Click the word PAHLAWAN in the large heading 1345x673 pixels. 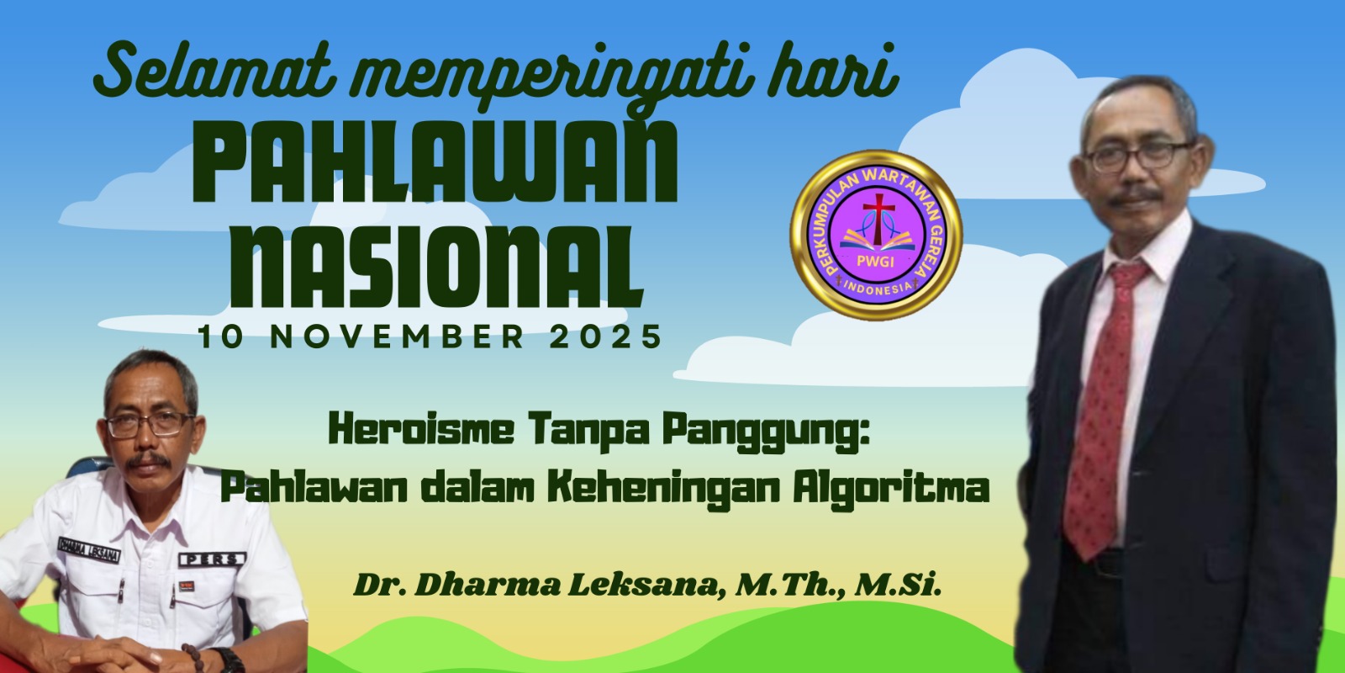pyautogui.click(x=435, y=163)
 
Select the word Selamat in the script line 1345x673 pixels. pyautogui.click(x=214, y=69)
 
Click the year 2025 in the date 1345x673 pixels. pyautogui.click(x=606, y=336)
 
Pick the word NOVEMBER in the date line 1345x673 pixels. pyautogui.click(x=397, y=336)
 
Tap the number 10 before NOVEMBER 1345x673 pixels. pyautogui.click(x=221, y=336)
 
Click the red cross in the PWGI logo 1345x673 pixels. pyautogui.click(x=878, y=218)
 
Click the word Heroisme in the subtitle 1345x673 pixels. pyautogui.click(x=421, y=430)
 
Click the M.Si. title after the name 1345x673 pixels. pyautogui.click(x=898, y=585)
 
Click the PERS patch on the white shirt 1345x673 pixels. pyautogui.click(x=212, y=559)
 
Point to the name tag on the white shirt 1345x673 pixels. pyautogui.click(x=89, y=549)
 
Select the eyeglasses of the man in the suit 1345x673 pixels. pyautogui.click(x=1138, y=156)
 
